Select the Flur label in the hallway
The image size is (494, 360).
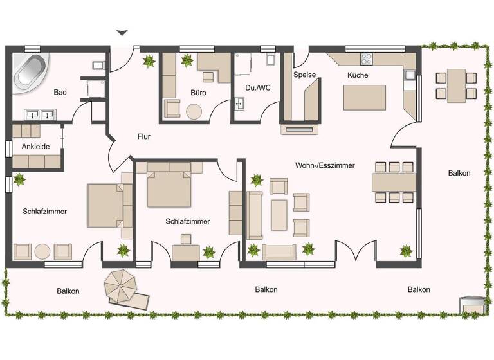pos(143,136)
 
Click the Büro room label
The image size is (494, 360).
pos(197,93)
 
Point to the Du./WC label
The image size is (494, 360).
pos(258,88)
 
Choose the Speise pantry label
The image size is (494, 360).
pos(304,75)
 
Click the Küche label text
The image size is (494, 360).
pos(358,75)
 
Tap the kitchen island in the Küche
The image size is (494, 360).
pos(365,98)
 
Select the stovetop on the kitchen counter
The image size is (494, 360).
pos(367,59)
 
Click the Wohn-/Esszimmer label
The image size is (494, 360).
pos(325,165)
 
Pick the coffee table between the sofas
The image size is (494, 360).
pos(279,215)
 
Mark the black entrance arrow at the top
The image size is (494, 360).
pos(122,32)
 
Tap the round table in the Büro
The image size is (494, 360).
pos(195,111)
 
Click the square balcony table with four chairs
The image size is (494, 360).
pos(457,85)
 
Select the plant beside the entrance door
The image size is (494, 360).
pos(149,62)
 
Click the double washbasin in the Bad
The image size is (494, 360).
pos(40,115)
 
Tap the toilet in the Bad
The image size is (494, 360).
pos(98,64)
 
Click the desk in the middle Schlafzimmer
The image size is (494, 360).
pos(186,252)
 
